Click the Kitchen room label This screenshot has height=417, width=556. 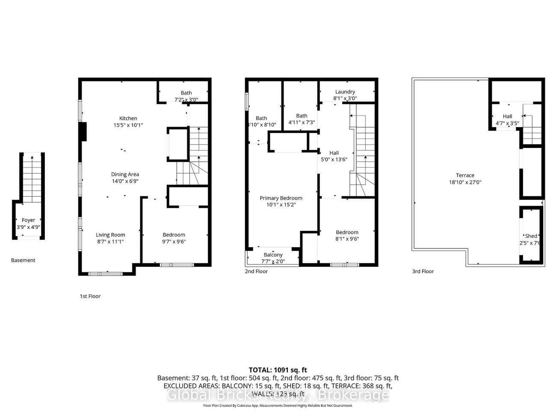point(128,118)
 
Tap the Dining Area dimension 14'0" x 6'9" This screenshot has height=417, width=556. point(125,181)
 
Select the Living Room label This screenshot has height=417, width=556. point(110,235)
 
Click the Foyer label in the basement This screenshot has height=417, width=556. point(29,220)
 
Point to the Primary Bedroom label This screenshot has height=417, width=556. point(281,198)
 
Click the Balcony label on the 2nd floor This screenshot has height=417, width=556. point(273,255)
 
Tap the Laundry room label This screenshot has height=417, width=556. point(345,92)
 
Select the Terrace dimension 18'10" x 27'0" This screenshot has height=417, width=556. point(465,182)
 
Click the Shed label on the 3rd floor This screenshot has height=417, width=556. point(531,236)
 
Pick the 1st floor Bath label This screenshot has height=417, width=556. point(186,93)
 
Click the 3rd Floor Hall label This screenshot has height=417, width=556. point(507,116)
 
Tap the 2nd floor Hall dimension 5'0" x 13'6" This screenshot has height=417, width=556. point(334,160)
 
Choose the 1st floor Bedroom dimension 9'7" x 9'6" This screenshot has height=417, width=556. point(174,242)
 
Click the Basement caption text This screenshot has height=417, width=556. point(23,260)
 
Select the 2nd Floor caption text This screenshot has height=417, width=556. point(256,271)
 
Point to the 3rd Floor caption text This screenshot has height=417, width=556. point(423,271)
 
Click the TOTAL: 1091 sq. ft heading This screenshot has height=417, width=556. point(278,370)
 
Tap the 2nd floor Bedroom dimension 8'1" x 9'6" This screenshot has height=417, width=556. point(347,239)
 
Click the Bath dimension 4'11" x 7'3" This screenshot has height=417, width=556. point(302,123)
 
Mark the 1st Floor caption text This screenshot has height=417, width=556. point(90,296)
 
